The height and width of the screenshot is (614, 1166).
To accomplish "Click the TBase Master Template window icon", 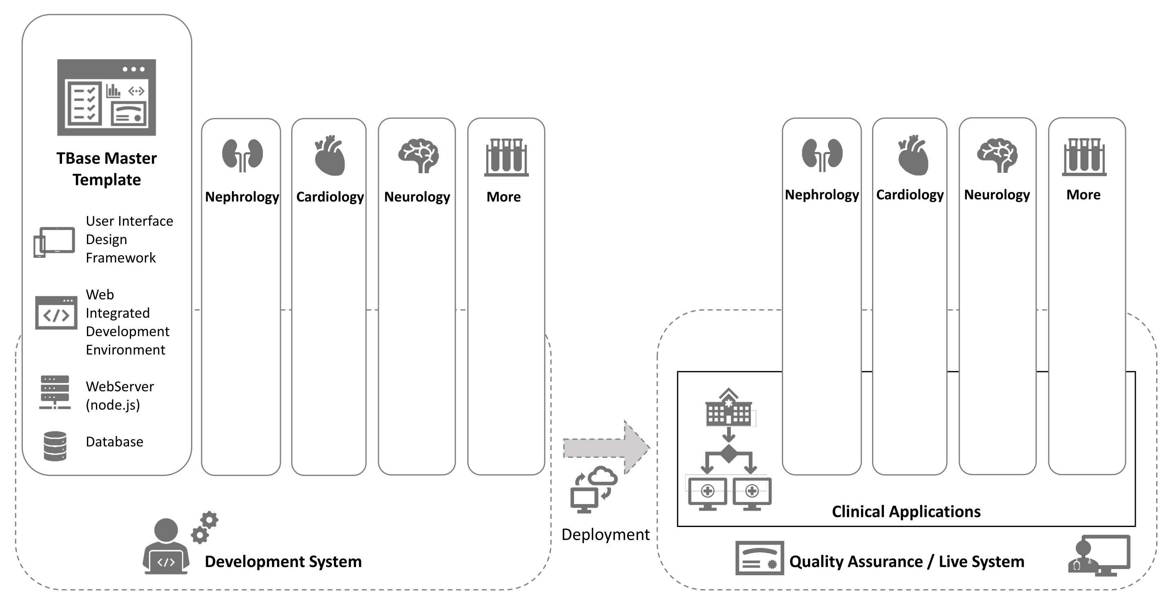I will pos(107,97).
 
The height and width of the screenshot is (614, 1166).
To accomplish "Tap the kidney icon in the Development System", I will pos(242,155).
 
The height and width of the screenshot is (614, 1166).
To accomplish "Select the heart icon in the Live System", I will pos(912,155).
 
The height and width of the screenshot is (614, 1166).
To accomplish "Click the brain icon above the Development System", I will pos(418,156).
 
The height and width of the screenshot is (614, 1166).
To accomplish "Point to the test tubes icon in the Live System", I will pos(1084,157).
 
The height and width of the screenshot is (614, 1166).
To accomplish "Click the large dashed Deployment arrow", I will pos(607,447).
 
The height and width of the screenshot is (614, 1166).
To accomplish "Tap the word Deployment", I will pos(605,535).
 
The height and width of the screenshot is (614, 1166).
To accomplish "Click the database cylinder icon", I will pos(55,446).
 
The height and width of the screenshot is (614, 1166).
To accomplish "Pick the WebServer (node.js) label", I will pos(120,395).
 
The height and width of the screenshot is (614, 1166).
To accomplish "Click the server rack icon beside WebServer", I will pos(55,392).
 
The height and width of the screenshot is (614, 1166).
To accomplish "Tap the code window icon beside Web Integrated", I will pos(56,313).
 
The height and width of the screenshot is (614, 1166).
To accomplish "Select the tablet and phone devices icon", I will pos(54,242).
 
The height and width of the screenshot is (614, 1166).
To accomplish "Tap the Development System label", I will pos(283,561).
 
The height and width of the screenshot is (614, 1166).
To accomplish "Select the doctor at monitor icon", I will pos(1099,556).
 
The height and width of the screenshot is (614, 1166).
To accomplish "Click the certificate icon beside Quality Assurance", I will pos(759,558).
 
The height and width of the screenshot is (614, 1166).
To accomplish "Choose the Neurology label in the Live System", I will pos(997,195).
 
